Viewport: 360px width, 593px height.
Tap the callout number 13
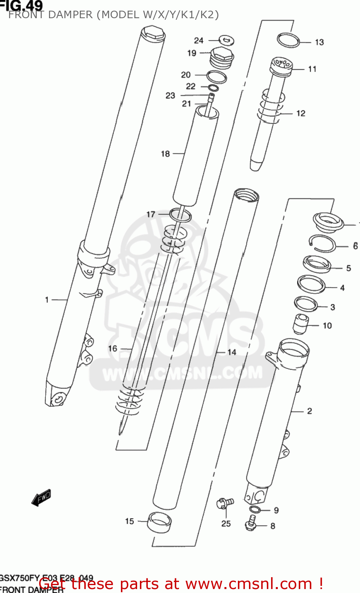click(x=319, y=42)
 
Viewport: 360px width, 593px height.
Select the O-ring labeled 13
click(x=288, y=40)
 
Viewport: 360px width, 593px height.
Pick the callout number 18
click(x=165, y=154)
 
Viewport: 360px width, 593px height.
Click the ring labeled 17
click(x=181, y=215)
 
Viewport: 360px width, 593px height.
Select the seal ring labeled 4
click(x=311, y=284)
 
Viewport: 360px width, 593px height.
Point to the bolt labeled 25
click(x=224, y=503)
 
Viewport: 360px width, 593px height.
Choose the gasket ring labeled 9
click(x=255, y=509)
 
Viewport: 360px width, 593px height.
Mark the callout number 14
click(x=232, y=352)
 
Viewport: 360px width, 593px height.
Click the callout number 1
click(x=47, y=300)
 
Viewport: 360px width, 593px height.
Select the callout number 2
click(x=309, y=411)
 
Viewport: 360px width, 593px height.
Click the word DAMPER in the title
click(x=69, y=15)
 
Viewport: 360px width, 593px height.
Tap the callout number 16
click(x=113, y=348)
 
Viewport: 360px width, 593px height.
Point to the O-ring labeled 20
click(x=217, y=77)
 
